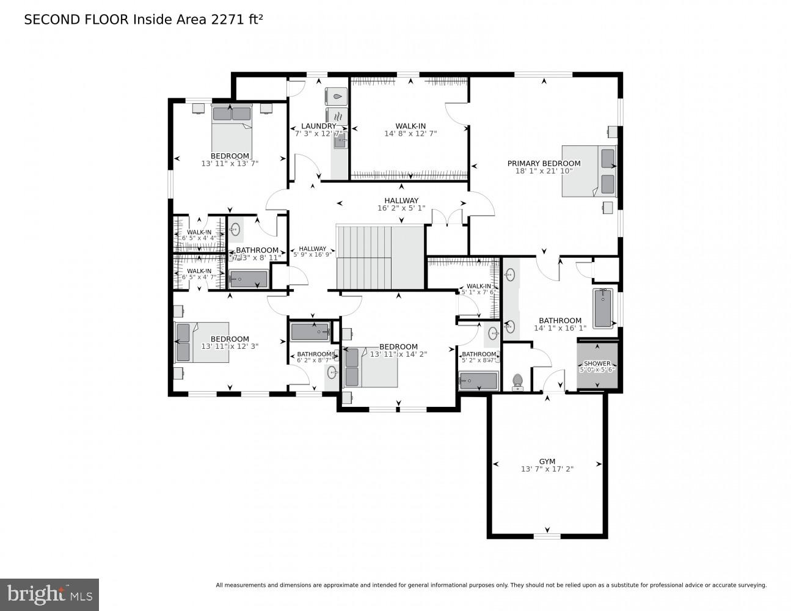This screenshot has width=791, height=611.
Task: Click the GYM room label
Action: tap(547, 461)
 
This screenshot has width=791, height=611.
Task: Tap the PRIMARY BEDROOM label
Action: tap(544, 163)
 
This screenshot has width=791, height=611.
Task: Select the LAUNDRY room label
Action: tap(318, 126)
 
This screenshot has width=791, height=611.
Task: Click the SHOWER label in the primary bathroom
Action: tap(597, 364)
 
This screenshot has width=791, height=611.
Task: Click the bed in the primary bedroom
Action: tap(588, 170)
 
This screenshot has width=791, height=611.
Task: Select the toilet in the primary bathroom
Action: tap(518, 382)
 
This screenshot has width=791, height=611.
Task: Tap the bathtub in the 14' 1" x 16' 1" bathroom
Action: tap(602, 308)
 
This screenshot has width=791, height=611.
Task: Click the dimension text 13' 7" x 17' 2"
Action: tap(547, 469)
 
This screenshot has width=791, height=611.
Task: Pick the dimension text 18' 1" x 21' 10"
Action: tap(544, 171)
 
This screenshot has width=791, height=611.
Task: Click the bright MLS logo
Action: tap(49, 594)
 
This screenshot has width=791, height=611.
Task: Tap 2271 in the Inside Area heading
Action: tap(228, 20)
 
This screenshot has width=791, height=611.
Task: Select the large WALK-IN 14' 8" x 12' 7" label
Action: tap(410, 126)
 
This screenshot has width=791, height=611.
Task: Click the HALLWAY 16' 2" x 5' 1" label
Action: tap(401, 200)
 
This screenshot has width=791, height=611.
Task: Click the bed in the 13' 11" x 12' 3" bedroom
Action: tap(202, 342)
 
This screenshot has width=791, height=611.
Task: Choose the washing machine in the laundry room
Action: tap(337, 96)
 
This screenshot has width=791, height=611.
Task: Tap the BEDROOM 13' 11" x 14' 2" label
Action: tap(398, 346)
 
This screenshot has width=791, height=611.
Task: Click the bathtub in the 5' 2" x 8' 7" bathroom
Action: tap(478, 381)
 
